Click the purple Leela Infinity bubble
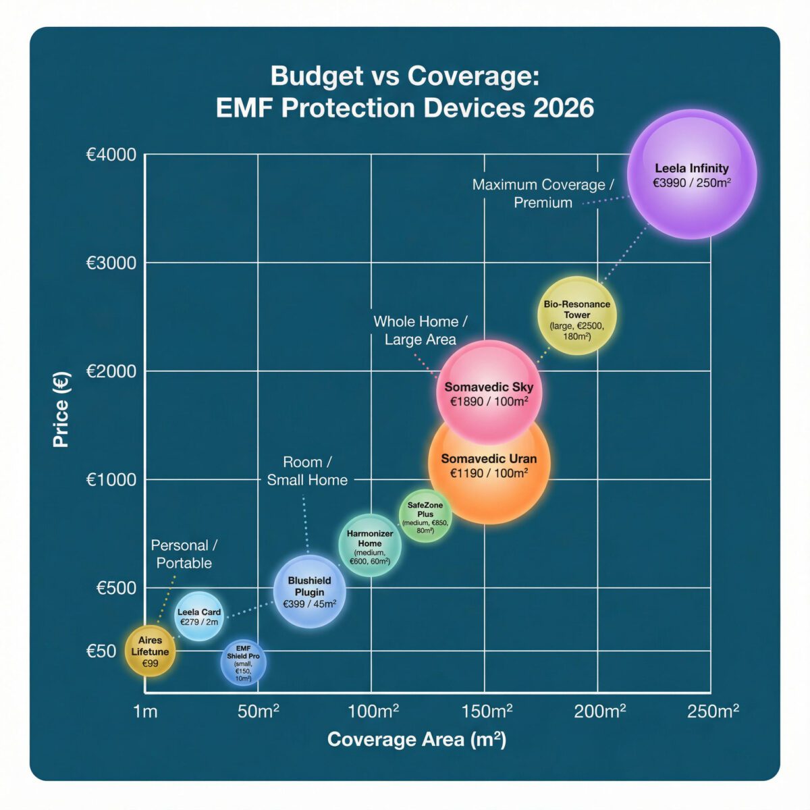692,174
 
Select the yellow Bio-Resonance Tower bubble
576,316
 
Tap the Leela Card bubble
198,616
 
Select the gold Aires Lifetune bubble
150,651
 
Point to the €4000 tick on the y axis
111,155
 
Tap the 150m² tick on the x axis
487,711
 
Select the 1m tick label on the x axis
145,711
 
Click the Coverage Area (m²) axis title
416,740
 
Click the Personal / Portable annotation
184,554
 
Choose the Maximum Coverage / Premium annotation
543,194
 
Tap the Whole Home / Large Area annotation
421,331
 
